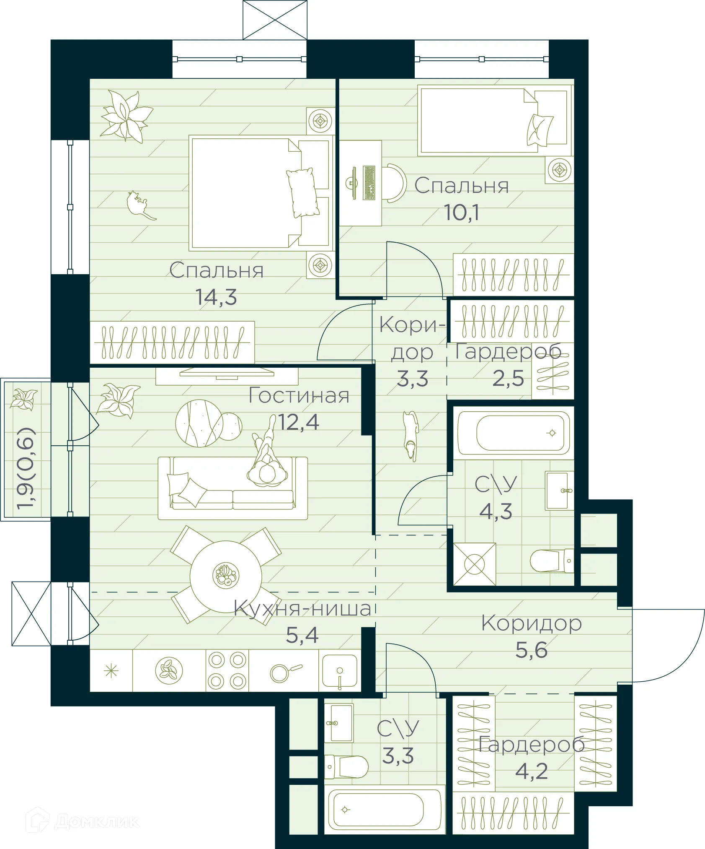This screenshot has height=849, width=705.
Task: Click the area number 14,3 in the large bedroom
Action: tap(216, 297)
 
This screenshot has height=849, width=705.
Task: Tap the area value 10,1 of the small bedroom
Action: tap(461, 213)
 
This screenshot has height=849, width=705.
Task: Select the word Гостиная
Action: tap(299, 395)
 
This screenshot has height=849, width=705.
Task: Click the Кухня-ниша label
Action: tap(302, 609)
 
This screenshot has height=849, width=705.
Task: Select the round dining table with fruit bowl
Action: tap(226, 576)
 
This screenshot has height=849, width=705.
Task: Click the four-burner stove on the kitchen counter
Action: tap(227, 670)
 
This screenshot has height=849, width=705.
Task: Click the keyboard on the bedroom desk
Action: tap(369, 183)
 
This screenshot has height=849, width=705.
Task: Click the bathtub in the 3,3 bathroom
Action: tap(385, 810)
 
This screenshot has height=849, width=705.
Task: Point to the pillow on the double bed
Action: tap(301, 192)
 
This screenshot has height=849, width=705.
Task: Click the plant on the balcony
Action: tap(24, 399)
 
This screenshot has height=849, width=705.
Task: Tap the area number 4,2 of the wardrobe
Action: tap(531, 771)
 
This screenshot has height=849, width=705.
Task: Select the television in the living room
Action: tap(227, 372)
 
